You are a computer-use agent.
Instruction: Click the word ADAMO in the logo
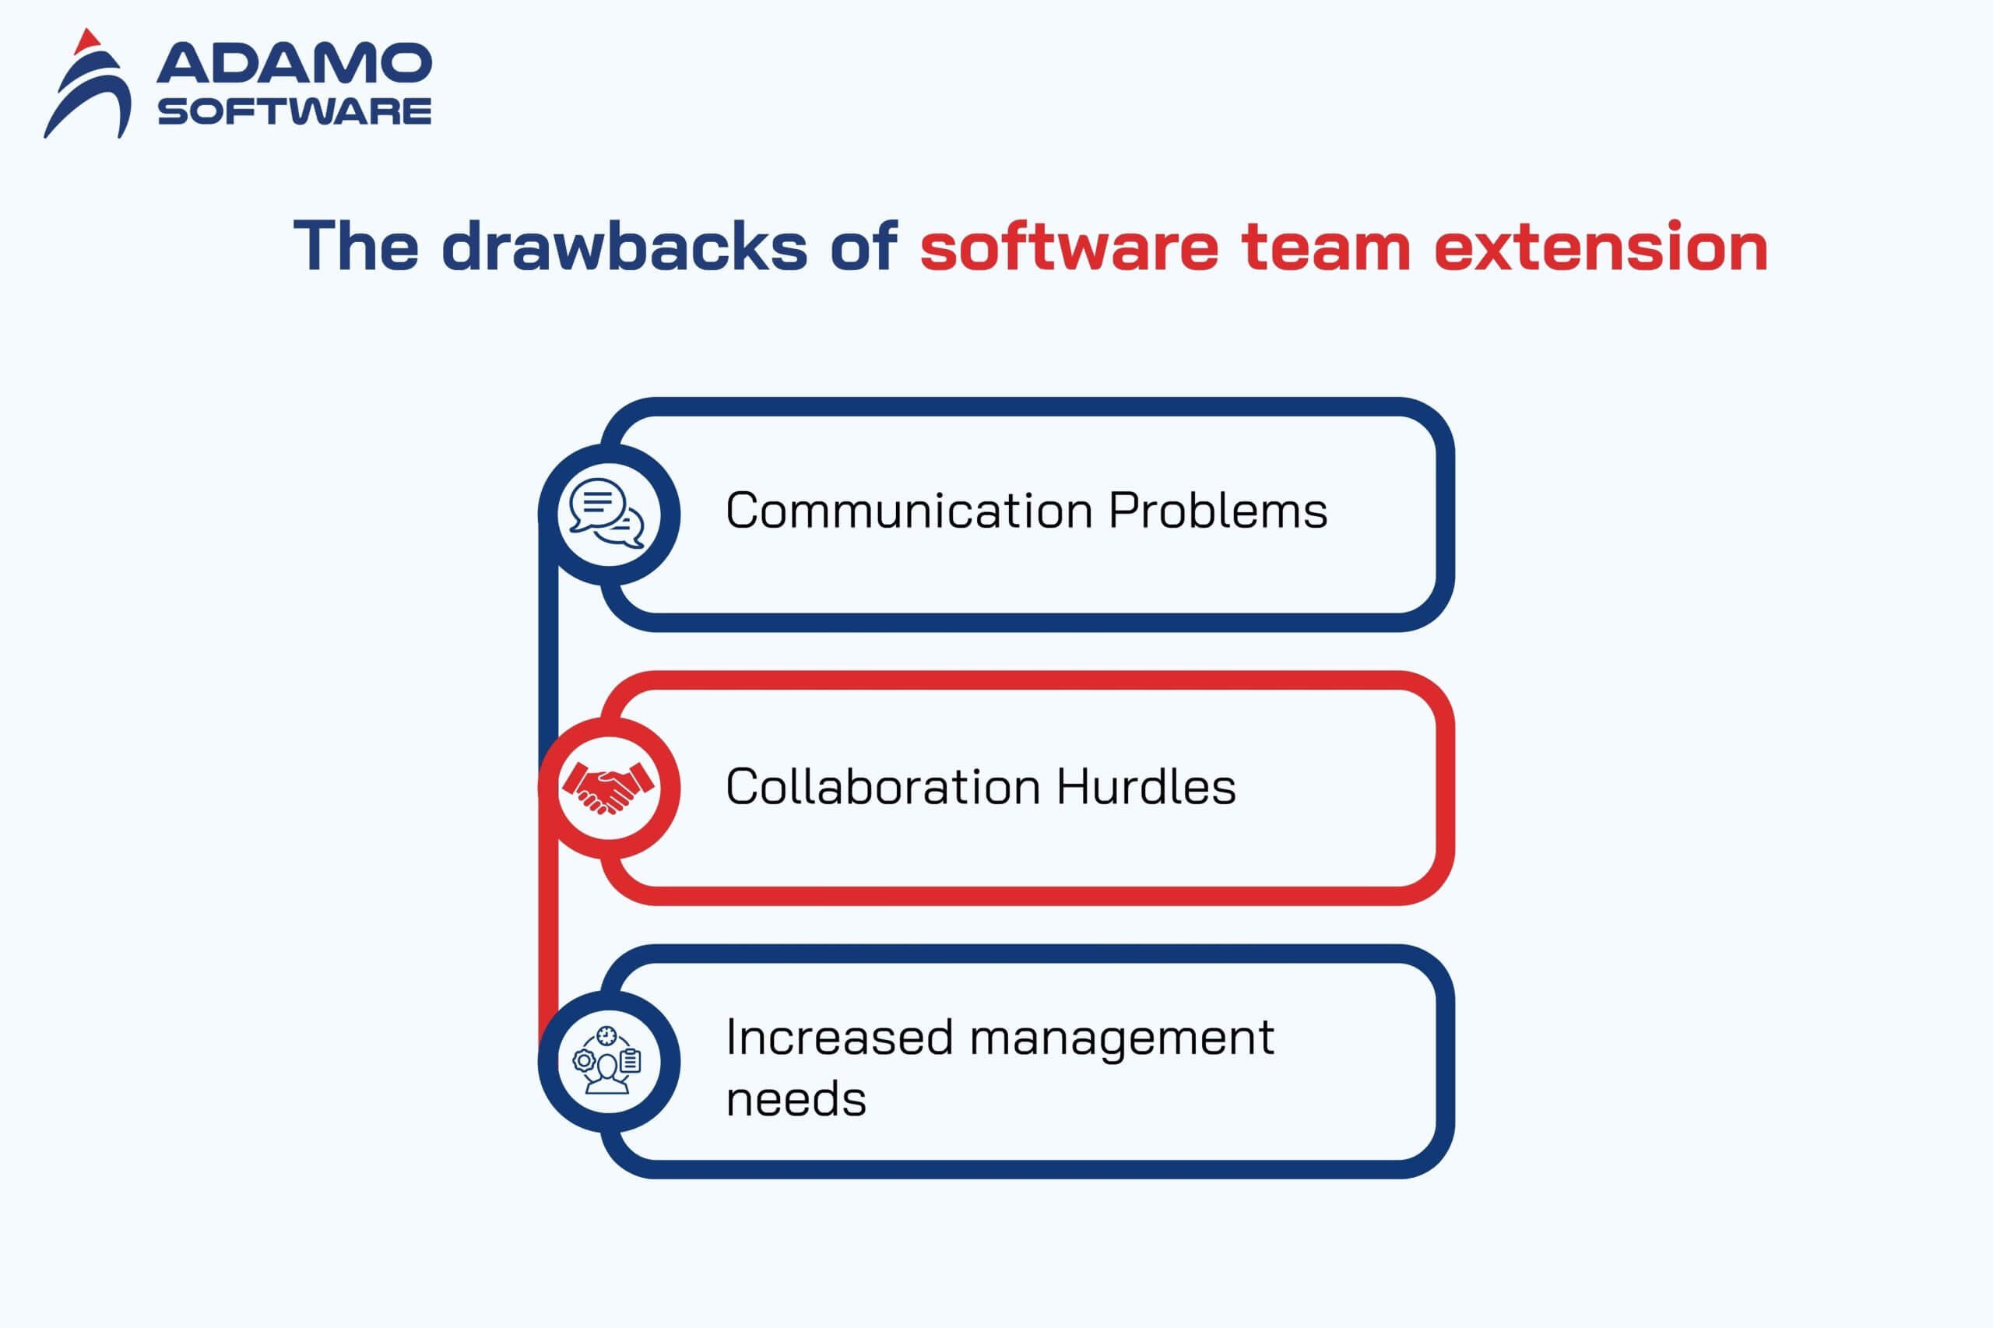[294, 64]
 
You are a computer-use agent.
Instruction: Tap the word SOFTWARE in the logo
[294, 111]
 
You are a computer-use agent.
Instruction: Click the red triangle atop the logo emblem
[87, 41]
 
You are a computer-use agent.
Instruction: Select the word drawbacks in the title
[624, 247]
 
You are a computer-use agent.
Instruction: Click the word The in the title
[356, 246]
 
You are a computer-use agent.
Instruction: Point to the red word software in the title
[1069, 247]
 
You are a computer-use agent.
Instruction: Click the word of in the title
[863, 246]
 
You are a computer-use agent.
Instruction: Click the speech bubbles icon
[606, 513]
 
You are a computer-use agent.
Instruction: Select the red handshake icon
[607, 788]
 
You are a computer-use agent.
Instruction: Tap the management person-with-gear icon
[606, 1060]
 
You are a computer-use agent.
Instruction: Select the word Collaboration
[883, 787]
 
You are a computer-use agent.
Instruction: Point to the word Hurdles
[1146, 787]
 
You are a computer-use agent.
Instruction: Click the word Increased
[839, 1038]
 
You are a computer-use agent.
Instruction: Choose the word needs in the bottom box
[796, 1099]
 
